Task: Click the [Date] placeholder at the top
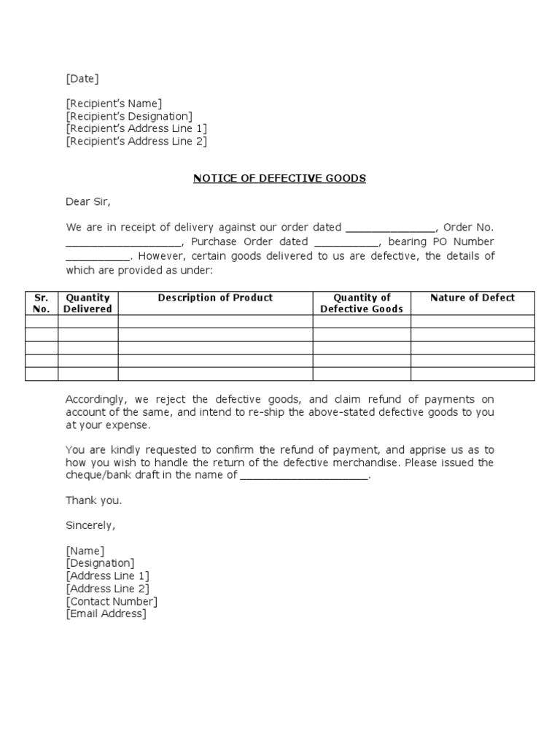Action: pos(82,79)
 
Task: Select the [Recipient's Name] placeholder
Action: pos(114,104)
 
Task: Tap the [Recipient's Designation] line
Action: pos(129,116)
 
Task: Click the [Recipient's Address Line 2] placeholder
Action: pos(136,142)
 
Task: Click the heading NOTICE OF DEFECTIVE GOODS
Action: pos(279,179)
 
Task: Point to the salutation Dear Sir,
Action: pos(88,202)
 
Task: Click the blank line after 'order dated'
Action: pos(390,228)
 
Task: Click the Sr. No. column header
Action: pos(41,303)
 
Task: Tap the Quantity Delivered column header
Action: pos(87,303)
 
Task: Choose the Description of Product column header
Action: pos(215,298)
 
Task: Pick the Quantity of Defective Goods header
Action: pos(362,303)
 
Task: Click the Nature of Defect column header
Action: pos(472,298)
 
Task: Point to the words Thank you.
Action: pos(94,500)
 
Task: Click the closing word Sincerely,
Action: pos(90,525)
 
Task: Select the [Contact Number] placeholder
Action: pos(112,602)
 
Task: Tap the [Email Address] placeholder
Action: pos(106,614)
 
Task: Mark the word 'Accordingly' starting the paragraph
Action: pos(95,400)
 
